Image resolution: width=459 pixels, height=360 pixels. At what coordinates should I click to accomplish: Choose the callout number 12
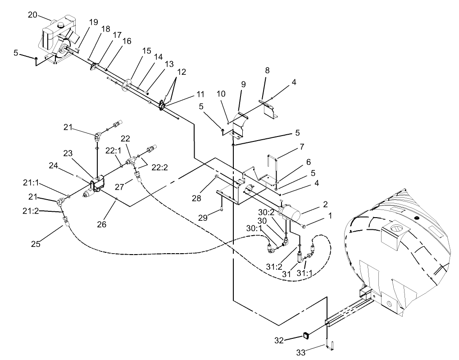pyautogui.click(x=181, y=72)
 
